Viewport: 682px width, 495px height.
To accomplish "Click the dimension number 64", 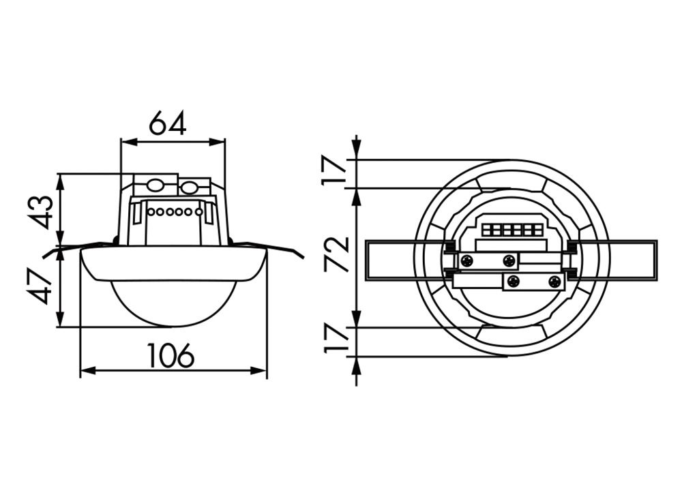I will pyautogui.click(x=168, y=123).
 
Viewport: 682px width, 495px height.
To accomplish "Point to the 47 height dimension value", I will pyautogui.click(x=42, y=286).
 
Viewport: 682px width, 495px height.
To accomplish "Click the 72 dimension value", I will pyautogui.click(x=337, y=254).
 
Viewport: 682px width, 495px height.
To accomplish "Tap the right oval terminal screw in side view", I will pyautogui.click(x=189, y=185).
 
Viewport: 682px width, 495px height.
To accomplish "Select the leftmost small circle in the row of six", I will pyautogui.click(x=150, y=212).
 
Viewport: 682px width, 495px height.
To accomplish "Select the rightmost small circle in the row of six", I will pyautogui.click(x=198, y=212).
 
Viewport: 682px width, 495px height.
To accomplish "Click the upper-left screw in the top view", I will pyautogui.click(x=467, y=260).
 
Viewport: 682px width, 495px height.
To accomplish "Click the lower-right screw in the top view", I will pyautogui.click(x=553, y=281).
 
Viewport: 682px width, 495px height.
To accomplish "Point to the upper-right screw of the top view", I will pyautogui.click(x=509, y=260).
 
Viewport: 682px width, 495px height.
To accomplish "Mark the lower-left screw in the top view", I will pyautogui.click(x=514, y=281).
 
